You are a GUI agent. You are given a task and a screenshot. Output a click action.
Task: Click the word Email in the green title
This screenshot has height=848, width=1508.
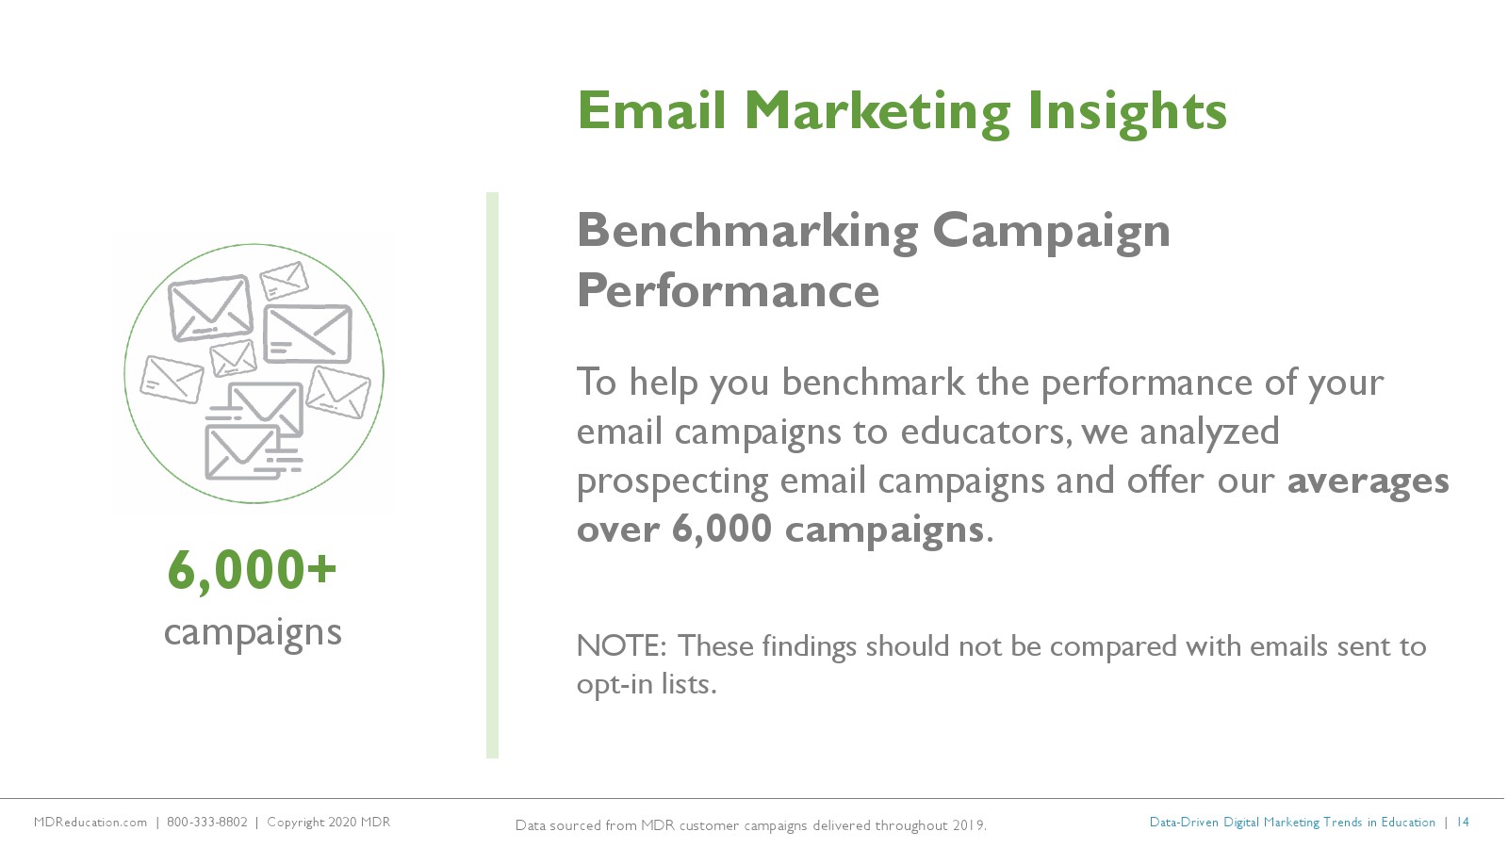point(651,110)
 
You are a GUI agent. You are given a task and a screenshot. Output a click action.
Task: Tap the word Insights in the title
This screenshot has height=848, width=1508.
point(1127,113)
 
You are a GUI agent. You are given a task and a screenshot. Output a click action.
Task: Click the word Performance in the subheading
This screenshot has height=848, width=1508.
point(728,291)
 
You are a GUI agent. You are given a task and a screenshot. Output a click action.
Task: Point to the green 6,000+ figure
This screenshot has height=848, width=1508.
point(252,571)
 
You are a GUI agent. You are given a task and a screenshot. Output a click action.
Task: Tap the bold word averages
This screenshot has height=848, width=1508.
point(1368,481)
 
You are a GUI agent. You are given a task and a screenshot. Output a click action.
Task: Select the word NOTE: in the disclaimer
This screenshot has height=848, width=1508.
point(621,646)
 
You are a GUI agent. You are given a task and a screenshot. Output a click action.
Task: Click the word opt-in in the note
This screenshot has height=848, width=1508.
point(614,685)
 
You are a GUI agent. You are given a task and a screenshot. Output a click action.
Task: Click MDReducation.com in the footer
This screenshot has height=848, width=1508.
point(90,822)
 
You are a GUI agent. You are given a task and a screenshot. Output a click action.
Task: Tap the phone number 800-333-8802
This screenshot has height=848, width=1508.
point(206,822)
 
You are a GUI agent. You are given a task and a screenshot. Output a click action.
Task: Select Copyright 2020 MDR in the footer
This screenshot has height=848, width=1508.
point(329,823)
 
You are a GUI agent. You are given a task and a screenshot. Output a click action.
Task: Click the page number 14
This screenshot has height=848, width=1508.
point(1462,822)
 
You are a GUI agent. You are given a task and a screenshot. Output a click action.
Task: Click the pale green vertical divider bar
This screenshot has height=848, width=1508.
point(492,475)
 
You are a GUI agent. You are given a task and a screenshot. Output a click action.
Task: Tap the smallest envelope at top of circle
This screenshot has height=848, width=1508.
point(284,281)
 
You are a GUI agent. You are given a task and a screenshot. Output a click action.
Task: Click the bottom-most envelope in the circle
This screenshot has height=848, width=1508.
point(242,452)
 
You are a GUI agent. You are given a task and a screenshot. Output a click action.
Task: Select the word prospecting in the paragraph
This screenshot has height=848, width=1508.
point(673,481)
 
